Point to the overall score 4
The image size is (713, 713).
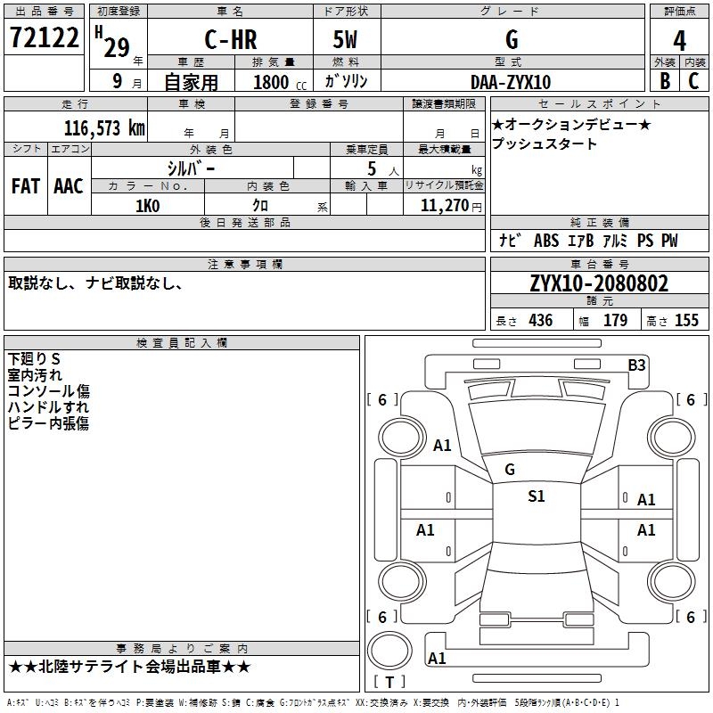coord(679,41)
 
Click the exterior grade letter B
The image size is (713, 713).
coord(664,81)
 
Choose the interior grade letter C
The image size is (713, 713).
coord(694,81)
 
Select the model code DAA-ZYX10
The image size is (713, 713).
coord(511,82)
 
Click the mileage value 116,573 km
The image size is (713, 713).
coord(104,127)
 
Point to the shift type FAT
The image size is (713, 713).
coord(25,185)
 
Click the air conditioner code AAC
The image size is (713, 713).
coord(69,185)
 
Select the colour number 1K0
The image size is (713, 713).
coord(147,206)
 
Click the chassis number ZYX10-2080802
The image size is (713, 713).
coord(599,283)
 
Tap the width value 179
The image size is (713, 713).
coord(616,321)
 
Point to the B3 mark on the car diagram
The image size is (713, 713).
coord(636,365)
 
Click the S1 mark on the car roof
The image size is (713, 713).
coord(536,496)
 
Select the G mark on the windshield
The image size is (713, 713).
coord(510,469)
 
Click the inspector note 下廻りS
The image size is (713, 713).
coord(35,358)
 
